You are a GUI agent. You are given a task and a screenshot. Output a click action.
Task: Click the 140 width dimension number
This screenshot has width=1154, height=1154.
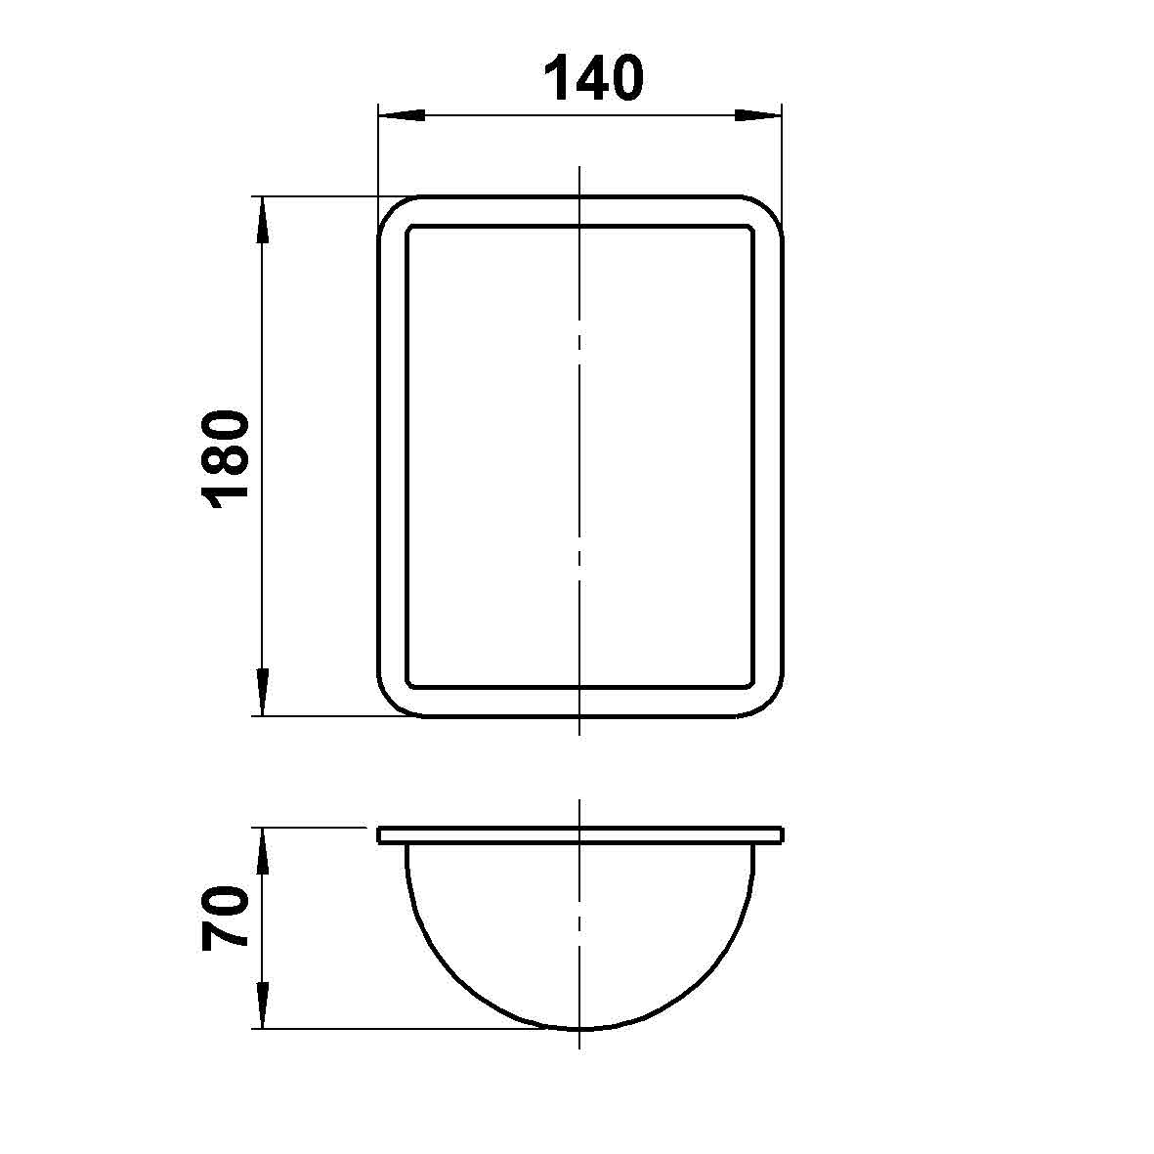[594, 77]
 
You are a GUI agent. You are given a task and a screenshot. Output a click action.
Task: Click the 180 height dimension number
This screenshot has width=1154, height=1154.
[225, 460]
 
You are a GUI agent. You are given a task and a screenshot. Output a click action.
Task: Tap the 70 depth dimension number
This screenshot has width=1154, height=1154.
[225, 919]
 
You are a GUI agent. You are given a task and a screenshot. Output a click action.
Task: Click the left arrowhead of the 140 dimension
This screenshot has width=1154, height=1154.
[402, 115]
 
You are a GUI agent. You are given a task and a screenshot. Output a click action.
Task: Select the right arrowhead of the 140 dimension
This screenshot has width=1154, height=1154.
[758, 115]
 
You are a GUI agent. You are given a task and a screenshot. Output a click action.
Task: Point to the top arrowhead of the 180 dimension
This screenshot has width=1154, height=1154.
[263, 220]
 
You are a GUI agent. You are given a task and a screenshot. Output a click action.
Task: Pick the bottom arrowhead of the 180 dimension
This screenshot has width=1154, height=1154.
[263, 692]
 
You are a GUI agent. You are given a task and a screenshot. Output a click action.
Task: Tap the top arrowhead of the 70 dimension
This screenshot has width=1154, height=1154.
[263, 851]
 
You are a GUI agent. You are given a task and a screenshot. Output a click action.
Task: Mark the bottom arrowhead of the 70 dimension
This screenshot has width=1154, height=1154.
[263, 1004]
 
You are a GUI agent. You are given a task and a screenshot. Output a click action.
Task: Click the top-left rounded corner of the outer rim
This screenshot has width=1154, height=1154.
[391, 210]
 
